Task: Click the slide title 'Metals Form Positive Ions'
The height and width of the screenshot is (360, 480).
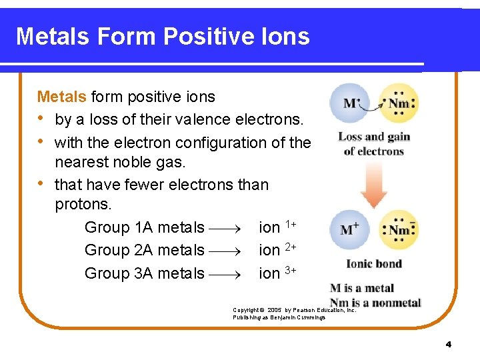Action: point(163,36)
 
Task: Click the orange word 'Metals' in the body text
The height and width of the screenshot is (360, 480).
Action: point(61,97)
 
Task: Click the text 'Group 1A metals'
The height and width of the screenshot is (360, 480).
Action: point(144,227)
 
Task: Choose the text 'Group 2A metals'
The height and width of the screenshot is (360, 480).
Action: point(144,250)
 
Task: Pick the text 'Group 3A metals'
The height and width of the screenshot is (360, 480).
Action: point(144,273)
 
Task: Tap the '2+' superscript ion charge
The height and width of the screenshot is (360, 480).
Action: point(291,246)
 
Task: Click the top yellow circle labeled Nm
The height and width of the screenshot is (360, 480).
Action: point(399,103)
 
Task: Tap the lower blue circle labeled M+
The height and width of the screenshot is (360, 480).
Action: point(350,230)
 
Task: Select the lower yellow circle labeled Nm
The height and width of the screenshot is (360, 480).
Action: point(399,230)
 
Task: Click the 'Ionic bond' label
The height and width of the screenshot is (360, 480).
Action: point(373,263)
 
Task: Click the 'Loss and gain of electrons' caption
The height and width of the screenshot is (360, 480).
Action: point(373,143)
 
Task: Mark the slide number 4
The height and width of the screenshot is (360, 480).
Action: point(448,344)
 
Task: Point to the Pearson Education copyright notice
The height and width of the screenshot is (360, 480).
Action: point(294,313)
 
